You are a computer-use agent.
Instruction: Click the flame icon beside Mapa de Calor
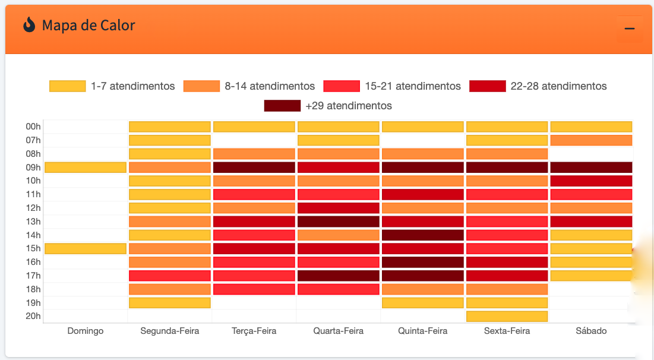(29, 25)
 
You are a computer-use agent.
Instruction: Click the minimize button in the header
(630, 29)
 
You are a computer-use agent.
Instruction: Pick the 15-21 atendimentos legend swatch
(342, 86)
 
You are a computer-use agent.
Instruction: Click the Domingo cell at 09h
(86, 168)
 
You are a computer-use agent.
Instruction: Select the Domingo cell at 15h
(86, 248)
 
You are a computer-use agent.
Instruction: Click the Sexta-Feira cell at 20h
(507, 316)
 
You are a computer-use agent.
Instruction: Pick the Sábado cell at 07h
(591, 140)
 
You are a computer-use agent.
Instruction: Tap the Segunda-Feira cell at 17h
(170, 276)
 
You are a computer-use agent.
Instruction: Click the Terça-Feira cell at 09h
(254, 168)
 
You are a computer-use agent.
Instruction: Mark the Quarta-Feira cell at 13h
(339, 222)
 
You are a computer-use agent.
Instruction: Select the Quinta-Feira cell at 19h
(422, 302)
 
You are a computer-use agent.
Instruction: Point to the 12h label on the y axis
(33, 208)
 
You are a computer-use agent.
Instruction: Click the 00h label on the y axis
(33, 127)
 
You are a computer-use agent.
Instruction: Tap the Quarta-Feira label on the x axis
(338, 331)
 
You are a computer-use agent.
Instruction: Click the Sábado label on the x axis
(591, 331)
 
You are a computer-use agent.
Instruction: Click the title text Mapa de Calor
(89, 26)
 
